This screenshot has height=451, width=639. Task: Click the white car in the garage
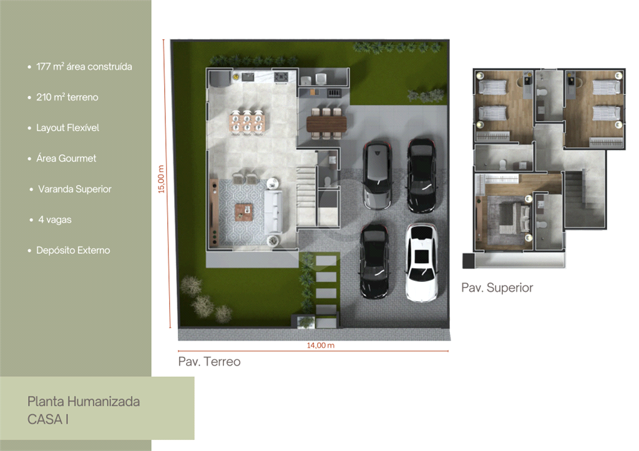[x=421, y=262]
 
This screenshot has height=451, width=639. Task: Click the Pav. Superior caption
[x=497, y=288]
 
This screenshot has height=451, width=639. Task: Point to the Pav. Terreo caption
[x=209, y=362]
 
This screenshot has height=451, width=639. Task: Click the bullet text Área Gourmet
[x=66, y=158]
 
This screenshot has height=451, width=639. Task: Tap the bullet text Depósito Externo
[x=73, y=250]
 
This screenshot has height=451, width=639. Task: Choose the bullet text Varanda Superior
[x=74, y=189]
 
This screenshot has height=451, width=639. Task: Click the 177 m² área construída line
[x=84, y=67]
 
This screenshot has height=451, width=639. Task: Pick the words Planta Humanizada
[x=84, y=401]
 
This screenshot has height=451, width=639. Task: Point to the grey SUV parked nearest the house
[x=377, y=175]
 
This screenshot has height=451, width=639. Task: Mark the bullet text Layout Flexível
[x=67, y=128]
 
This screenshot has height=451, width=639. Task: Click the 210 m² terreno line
[x=67, y=97]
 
